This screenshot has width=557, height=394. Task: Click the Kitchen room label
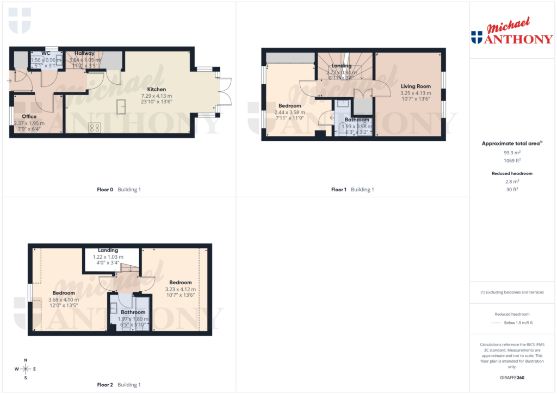coord(157,89)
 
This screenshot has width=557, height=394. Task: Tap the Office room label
coord(29,116)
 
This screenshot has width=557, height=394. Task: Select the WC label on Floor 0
coord(46,53)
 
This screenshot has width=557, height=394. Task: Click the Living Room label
coord(416,86)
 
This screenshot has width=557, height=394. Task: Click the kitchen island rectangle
coord(123,107)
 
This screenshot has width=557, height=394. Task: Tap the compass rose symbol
coord(25,368)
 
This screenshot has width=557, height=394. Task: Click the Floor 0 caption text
coord(104,190)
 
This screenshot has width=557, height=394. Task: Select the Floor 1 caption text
coord(338,190)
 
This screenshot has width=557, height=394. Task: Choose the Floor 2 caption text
coord(104,385)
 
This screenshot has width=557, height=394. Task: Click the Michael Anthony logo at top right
coord(511,33)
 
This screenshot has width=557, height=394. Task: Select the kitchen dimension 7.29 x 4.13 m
coord(157,95)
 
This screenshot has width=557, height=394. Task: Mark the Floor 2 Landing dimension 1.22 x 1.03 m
coord(108,257)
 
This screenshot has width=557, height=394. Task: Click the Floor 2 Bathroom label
coord(133,312)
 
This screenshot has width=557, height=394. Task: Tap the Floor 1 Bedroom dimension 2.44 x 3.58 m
coord(289,112)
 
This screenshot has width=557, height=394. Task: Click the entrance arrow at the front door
coord(9,81)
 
